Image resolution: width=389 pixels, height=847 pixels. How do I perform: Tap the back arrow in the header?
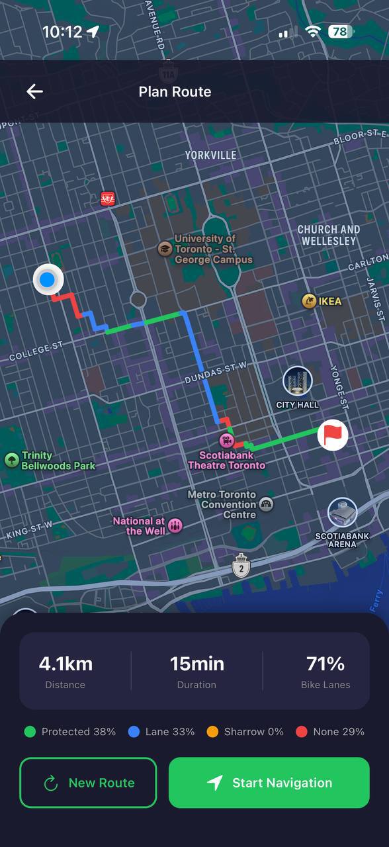(x=34, y=92)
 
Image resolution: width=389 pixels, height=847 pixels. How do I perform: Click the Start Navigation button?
(x=269, y=783)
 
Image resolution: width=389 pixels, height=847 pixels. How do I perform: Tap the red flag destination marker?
(x=333, y=435)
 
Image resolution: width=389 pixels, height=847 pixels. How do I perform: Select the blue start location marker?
(x=47, y=280)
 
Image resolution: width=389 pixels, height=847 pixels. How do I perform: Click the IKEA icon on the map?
(x=309, y=302)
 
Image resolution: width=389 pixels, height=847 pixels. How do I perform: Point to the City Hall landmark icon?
(x=298, y=382)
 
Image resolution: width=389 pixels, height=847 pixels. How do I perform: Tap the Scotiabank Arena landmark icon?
(x=342, y=513)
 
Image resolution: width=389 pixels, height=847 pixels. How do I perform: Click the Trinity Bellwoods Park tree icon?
(x=11, y=460)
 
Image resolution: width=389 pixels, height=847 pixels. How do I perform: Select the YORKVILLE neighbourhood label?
(x=210, y=155)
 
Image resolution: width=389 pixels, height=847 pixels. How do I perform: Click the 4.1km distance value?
(x=65, y=664)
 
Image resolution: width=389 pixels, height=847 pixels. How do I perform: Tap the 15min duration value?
(x=196, y=664)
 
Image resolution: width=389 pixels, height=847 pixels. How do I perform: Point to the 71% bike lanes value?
(x=325, y=664)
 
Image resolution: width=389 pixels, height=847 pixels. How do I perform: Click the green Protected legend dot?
(x=30, y=732)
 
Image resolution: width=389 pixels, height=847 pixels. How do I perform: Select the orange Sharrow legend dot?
(x=212, y=732)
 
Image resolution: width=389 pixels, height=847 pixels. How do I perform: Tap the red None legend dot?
(x=302, y=732)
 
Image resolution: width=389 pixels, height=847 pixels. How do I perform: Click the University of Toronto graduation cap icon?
(x=164, y=249)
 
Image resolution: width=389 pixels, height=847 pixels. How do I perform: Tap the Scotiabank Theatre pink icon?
(x=226, y=439)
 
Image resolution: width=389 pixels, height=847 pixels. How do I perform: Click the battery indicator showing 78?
(x=341, y=31)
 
